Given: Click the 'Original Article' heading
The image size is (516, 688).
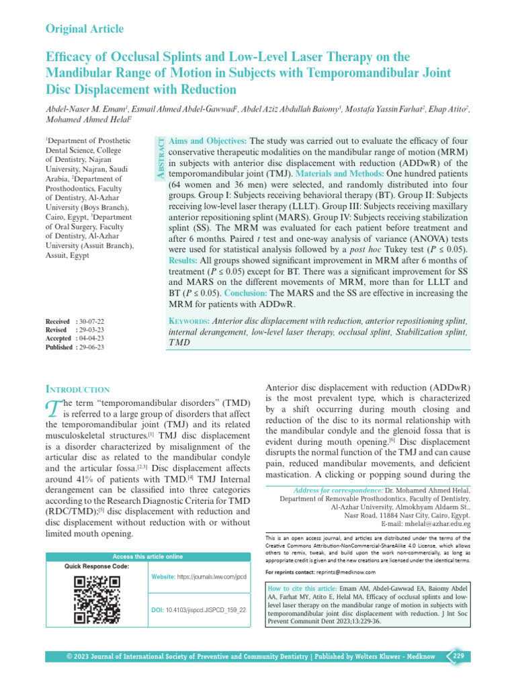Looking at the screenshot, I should tap(84, 28).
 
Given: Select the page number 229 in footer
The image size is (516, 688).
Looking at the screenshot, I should tap(458, 656).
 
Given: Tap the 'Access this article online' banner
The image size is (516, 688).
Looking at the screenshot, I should tap(147, 556).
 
